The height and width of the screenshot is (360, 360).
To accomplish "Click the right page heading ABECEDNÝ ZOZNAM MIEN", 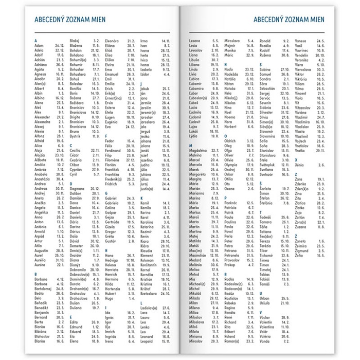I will (290, 19).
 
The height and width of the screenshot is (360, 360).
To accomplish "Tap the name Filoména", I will (113, 160).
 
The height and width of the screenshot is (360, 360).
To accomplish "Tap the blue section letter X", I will (296, 159).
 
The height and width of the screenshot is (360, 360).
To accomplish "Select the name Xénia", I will (301, 165).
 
